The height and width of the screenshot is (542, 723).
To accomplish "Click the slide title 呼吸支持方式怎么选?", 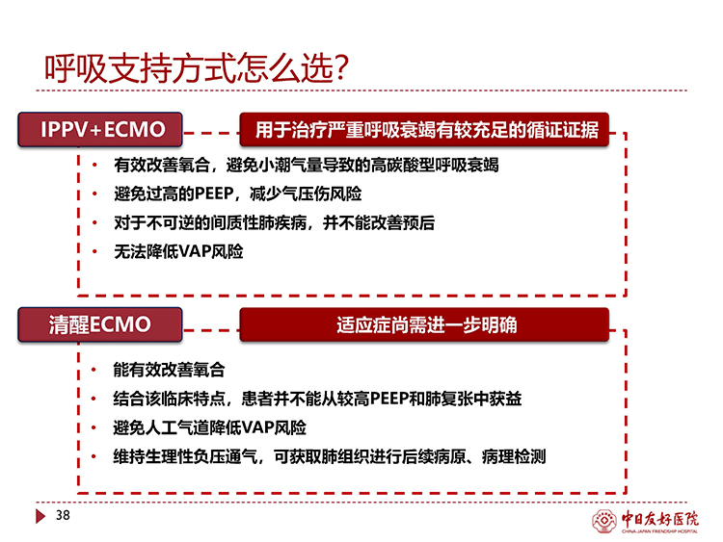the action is point(197,69).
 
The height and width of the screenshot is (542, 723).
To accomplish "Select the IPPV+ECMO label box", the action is point(100,129).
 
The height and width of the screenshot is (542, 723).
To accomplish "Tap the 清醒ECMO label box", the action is point(100,324).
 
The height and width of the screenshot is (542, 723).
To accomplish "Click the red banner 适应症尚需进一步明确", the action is point(424,324).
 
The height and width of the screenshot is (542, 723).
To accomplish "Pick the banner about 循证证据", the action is point(424,129).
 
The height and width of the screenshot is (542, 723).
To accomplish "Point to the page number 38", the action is point(63,515).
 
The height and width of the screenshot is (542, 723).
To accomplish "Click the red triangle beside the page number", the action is point(40,516).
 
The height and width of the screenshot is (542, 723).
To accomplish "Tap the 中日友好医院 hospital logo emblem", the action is point(604,521).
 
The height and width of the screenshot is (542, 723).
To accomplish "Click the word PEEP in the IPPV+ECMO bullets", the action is point(213,194).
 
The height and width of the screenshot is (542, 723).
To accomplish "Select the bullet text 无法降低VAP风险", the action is point(178,252).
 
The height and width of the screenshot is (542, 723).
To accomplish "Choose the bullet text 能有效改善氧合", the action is point(169,370).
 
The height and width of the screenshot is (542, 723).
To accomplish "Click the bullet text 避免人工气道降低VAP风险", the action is point(210,427).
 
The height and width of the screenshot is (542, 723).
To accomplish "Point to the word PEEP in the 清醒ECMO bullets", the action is point(388,399).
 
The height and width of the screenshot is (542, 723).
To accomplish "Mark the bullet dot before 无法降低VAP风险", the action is point(94,251).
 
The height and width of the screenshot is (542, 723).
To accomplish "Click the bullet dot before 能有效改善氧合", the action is point(94,370).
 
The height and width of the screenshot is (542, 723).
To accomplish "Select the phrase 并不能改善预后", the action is point(379,223).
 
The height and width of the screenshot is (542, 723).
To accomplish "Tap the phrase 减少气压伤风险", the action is point(306,194).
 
